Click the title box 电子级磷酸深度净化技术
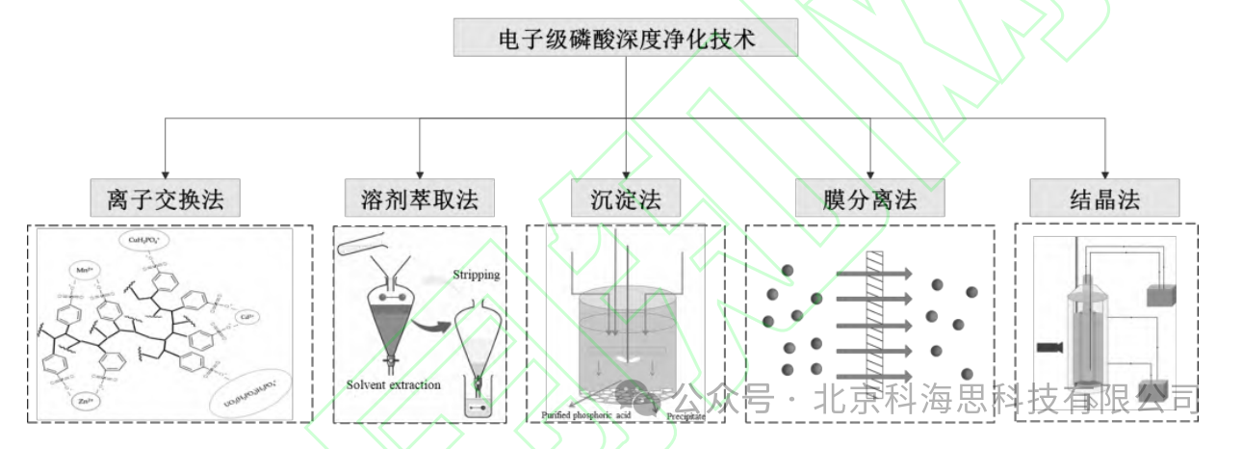click(x=625, y=40)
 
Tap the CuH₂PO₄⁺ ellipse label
click(x=145, y=240)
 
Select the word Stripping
click(x=477, y=275)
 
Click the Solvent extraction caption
click(x=394, y=385)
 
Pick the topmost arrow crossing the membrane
click(x=872, y=274)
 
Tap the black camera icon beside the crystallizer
click(x=1048, y=346)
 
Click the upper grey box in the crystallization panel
click(x=1162, y=296)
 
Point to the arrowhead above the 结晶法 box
click(x=1104, y=173)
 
